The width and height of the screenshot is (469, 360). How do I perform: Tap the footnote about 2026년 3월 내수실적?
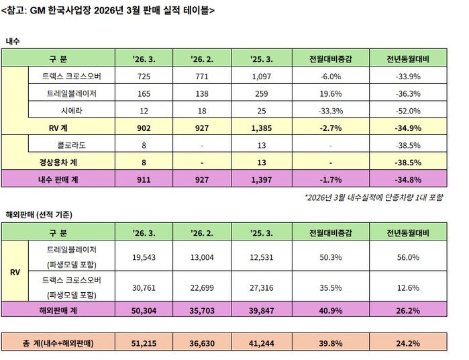(x=371, y=198)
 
